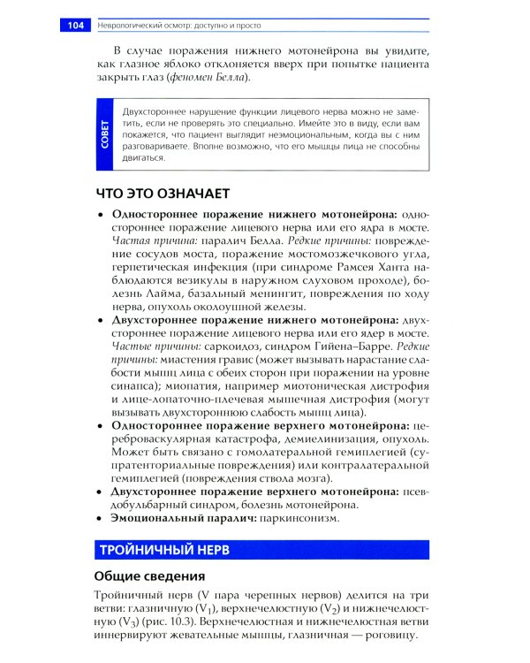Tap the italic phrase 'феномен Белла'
(210, 79)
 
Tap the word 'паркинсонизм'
(299, 519)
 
